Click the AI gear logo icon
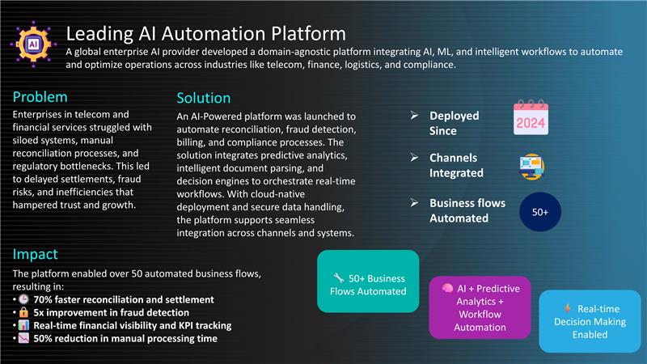[x=33, y=44]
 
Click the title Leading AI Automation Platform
[x=206, y=34]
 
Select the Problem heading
[x=40, y=97]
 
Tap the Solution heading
[x=204, y=98]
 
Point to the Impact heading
[x=35, y=254]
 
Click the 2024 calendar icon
[x=531, y=117]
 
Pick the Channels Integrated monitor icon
[x=531, y=167]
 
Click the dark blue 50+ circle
[x=539, y=212]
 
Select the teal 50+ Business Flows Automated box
[x=368, y=281]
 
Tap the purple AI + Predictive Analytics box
[x=480, y=307]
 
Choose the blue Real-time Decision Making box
[x=590, y=321]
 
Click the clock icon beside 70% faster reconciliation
[x=24, y=299]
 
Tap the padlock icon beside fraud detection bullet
[x=24, y=312]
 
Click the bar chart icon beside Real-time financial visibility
[x=24, y=325]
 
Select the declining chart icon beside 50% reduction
[x=24, y=338]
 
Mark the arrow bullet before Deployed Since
[x=414, y=116]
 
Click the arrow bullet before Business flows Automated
[x=414, y=203]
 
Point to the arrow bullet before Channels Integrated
[x=414, y=157]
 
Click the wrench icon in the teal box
[x=339, y=277]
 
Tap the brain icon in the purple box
[x=447, y=288]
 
